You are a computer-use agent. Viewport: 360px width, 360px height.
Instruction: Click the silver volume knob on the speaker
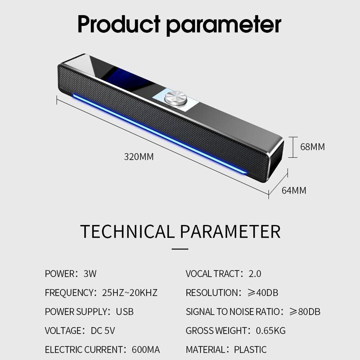click(176, 98)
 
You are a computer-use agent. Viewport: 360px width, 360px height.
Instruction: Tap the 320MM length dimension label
click(139, 157)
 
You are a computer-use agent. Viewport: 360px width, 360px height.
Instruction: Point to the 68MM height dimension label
click(312, 147)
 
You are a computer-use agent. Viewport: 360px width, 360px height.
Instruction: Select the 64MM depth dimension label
click(294, 190)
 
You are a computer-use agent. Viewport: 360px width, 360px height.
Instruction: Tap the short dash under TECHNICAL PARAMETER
click(180, 248)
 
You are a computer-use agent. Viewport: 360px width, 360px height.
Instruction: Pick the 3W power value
click(90, 274)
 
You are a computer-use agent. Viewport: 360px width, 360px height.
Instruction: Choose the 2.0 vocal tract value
click(255, 274)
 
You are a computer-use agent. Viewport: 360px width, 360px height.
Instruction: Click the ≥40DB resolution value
click(263, 293)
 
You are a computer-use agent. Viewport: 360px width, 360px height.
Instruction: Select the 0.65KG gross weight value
click(271, 330)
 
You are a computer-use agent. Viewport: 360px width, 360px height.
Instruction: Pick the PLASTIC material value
click(250, 350)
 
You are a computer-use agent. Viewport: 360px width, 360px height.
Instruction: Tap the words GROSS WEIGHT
click(215, 330)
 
